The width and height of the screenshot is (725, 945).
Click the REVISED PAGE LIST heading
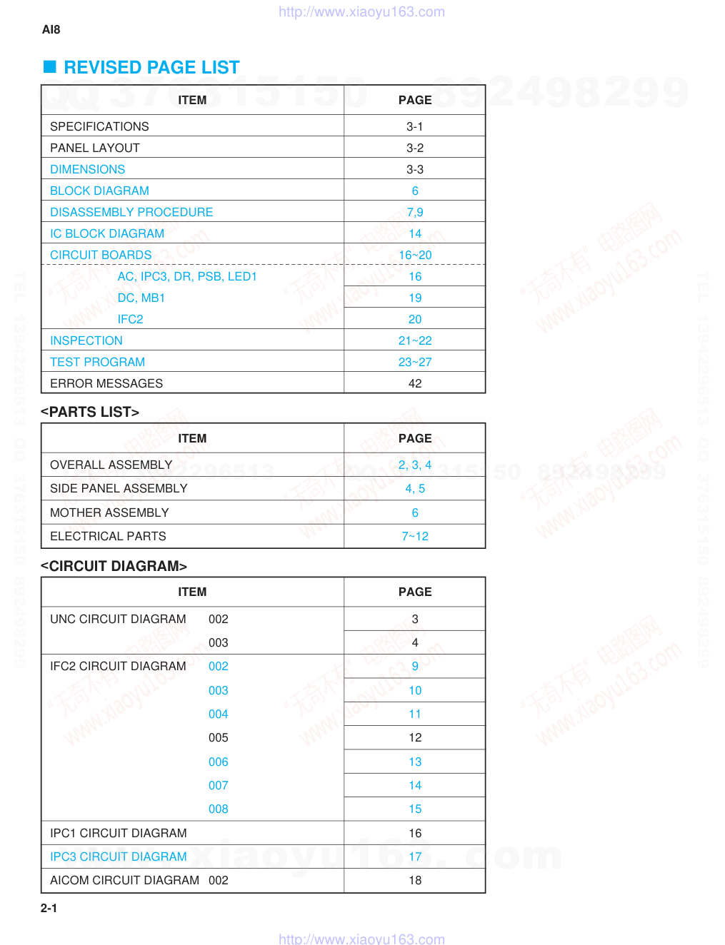pyautogui.click(x=151, y=68)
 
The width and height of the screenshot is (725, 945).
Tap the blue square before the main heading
pyautogui.click(x=50, y=67)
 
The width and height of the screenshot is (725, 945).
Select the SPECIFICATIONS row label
pyautogui.click(x=99, y=126)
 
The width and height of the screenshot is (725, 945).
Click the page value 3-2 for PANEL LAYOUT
pyautogui.click(x=414, y=148)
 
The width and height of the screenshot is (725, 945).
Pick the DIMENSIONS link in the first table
pyautogui.click(x=87, y=169)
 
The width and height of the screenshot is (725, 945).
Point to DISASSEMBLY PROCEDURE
pyautogui.click(x=131, y=212)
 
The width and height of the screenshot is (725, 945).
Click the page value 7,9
pyautogui.click(x=414, y=212)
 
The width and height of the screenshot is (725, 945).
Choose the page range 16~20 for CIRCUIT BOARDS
pyautogui.click(x=414, y=255)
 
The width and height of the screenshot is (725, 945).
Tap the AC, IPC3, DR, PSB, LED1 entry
pyautogui.click(x=187, y=276)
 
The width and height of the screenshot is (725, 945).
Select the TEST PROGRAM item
pyautogui.click(x=97, y=362)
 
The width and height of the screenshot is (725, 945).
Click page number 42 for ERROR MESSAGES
pyautogui.click(x=414, y=383)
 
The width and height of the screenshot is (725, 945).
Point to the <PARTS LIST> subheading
pyautogui.click(x=90, y=412)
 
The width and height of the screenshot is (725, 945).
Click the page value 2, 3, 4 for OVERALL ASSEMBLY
pyautogui.click(x=414, y=465)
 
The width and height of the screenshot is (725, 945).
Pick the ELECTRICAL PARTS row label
pyautogui.click(x=108, y=536)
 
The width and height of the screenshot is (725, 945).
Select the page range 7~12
pyautogui.click(x=414, y=536)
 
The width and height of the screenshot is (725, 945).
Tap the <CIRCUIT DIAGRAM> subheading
pyautogui.click(x=114, y=566)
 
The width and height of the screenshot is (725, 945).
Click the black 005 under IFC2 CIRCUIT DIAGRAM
pyautogui.click(x=218, y=737)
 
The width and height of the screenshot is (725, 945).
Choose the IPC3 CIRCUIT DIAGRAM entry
pyautogui.click(x=119, y=856)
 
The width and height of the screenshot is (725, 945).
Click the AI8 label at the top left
pyautogui.click(x=51, y=29)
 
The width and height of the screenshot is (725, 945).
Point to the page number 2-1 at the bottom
pyautogui.click(x=49, y=908)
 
